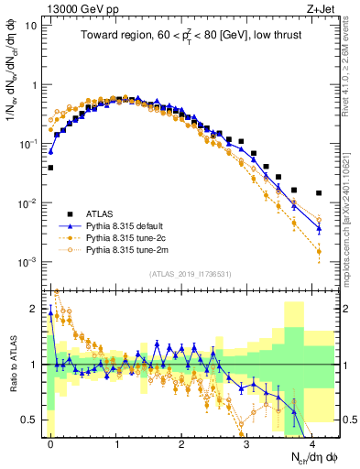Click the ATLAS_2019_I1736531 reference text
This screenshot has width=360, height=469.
(x=189, y=274)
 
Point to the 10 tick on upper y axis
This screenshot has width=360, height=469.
(x=31, y=26)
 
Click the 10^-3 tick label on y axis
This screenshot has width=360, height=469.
(x=27, y=262)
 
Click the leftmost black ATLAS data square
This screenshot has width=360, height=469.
(x=51, y=168)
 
